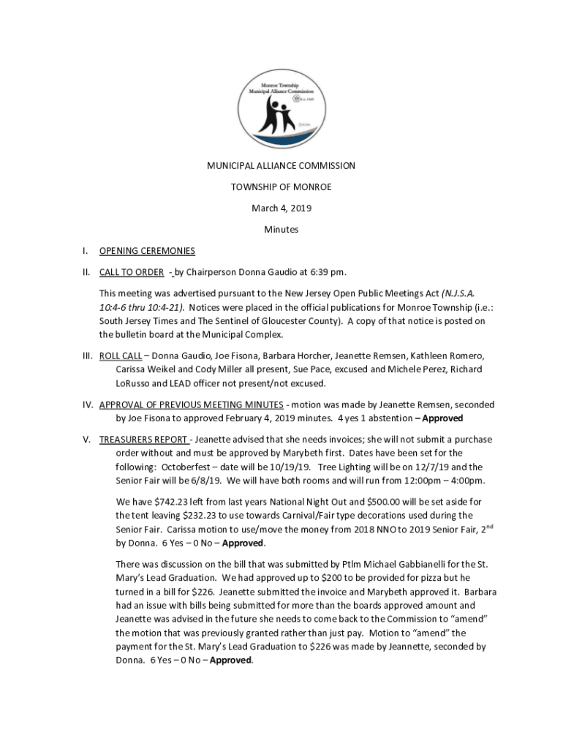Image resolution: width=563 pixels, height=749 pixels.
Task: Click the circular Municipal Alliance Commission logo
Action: (281, 108)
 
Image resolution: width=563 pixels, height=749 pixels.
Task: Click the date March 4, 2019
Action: (281, 208)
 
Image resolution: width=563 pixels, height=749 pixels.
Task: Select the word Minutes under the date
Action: (281, 230)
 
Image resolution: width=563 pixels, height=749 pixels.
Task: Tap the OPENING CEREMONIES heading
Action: (147, 251)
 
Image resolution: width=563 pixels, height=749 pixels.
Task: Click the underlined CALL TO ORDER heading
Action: (132, 272)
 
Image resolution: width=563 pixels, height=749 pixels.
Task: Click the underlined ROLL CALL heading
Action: (121, 356)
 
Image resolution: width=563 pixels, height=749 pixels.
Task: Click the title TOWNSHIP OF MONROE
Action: (281, 187)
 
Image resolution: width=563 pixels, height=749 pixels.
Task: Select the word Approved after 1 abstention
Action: (442, 418)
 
